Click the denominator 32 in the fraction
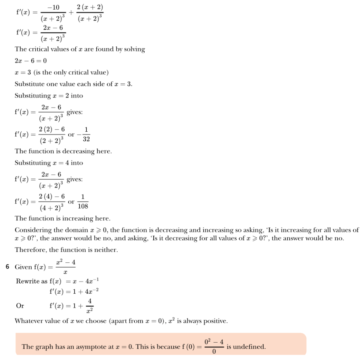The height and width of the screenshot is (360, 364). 86,140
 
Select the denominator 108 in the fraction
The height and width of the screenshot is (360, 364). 83,206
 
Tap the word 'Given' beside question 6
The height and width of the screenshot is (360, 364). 23,267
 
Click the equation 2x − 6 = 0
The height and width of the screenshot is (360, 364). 31,61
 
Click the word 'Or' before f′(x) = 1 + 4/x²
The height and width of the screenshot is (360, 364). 20,305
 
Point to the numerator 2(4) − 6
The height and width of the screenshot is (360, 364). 52,196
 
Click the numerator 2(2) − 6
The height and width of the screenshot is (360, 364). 52,130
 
